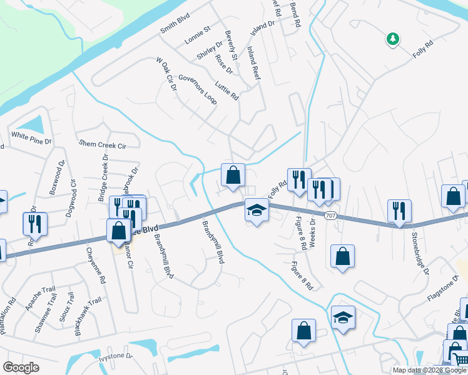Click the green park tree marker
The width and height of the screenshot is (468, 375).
[x=392, y=39]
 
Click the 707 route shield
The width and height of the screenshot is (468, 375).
[x=331, y=215]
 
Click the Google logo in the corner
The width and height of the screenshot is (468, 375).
[x=21, y=367]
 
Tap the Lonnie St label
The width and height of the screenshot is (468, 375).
[x=198, y=37]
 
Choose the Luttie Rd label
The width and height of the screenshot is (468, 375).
[x=226, y=91]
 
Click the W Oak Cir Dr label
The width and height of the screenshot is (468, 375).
[x=166, y=74]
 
